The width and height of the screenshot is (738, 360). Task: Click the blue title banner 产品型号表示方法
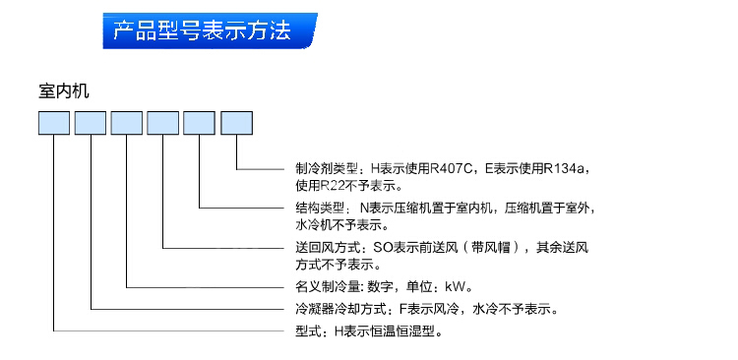point(210,30)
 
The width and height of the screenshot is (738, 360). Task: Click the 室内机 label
point(64,91)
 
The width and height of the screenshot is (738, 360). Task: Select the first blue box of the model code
point(54,123)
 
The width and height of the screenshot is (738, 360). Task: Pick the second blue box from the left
point(91,123)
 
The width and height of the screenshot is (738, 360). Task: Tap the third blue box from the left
point(127,123)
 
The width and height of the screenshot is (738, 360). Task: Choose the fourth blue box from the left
point(162,123)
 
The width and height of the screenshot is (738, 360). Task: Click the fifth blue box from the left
point(199,123)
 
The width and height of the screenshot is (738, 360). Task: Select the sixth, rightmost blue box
point(237,123)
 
